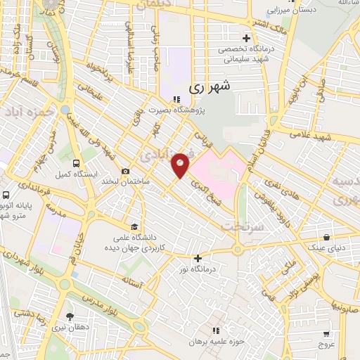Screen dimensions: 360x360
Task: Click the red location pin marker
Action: (x=181, y=165)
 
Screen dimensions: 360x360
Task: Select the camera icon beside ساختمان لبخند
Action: (x=126, y=172)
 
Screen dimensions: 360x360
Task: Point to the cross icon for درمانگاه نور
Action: (x=198, y=258)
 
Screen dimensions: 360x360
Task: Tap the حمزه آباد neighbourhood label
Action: (x=26, y=112)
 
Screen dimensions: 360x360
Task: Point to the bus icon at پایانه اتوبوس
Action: (x=6, y=195)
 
